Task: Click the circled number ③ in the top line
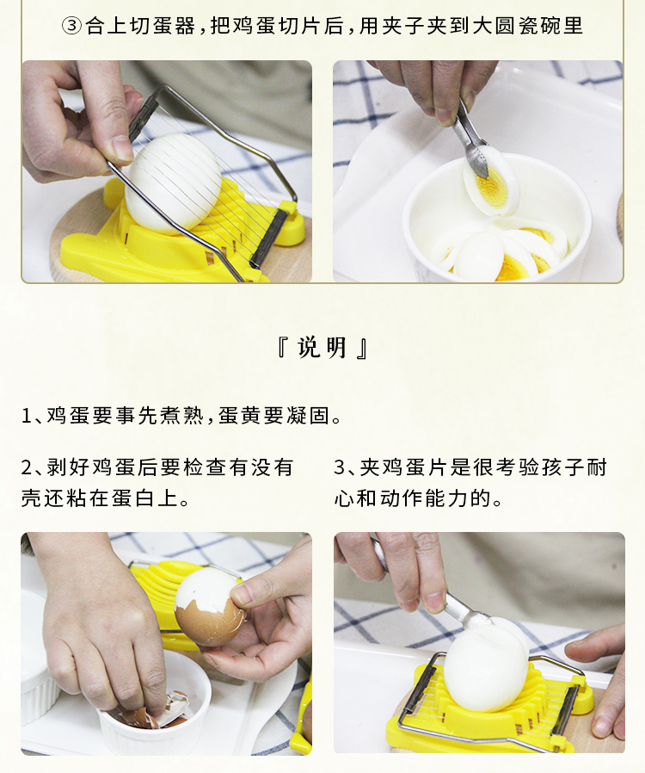[72, 26]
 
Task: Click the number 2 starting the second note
[27, 467]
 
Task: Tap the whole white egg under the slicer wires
[172, 182]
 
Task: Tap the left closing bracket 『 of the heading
[283, 348]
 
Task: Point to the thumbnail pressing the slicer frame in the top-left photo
[121, 146]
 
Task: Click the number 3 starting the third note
[340, 467]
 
